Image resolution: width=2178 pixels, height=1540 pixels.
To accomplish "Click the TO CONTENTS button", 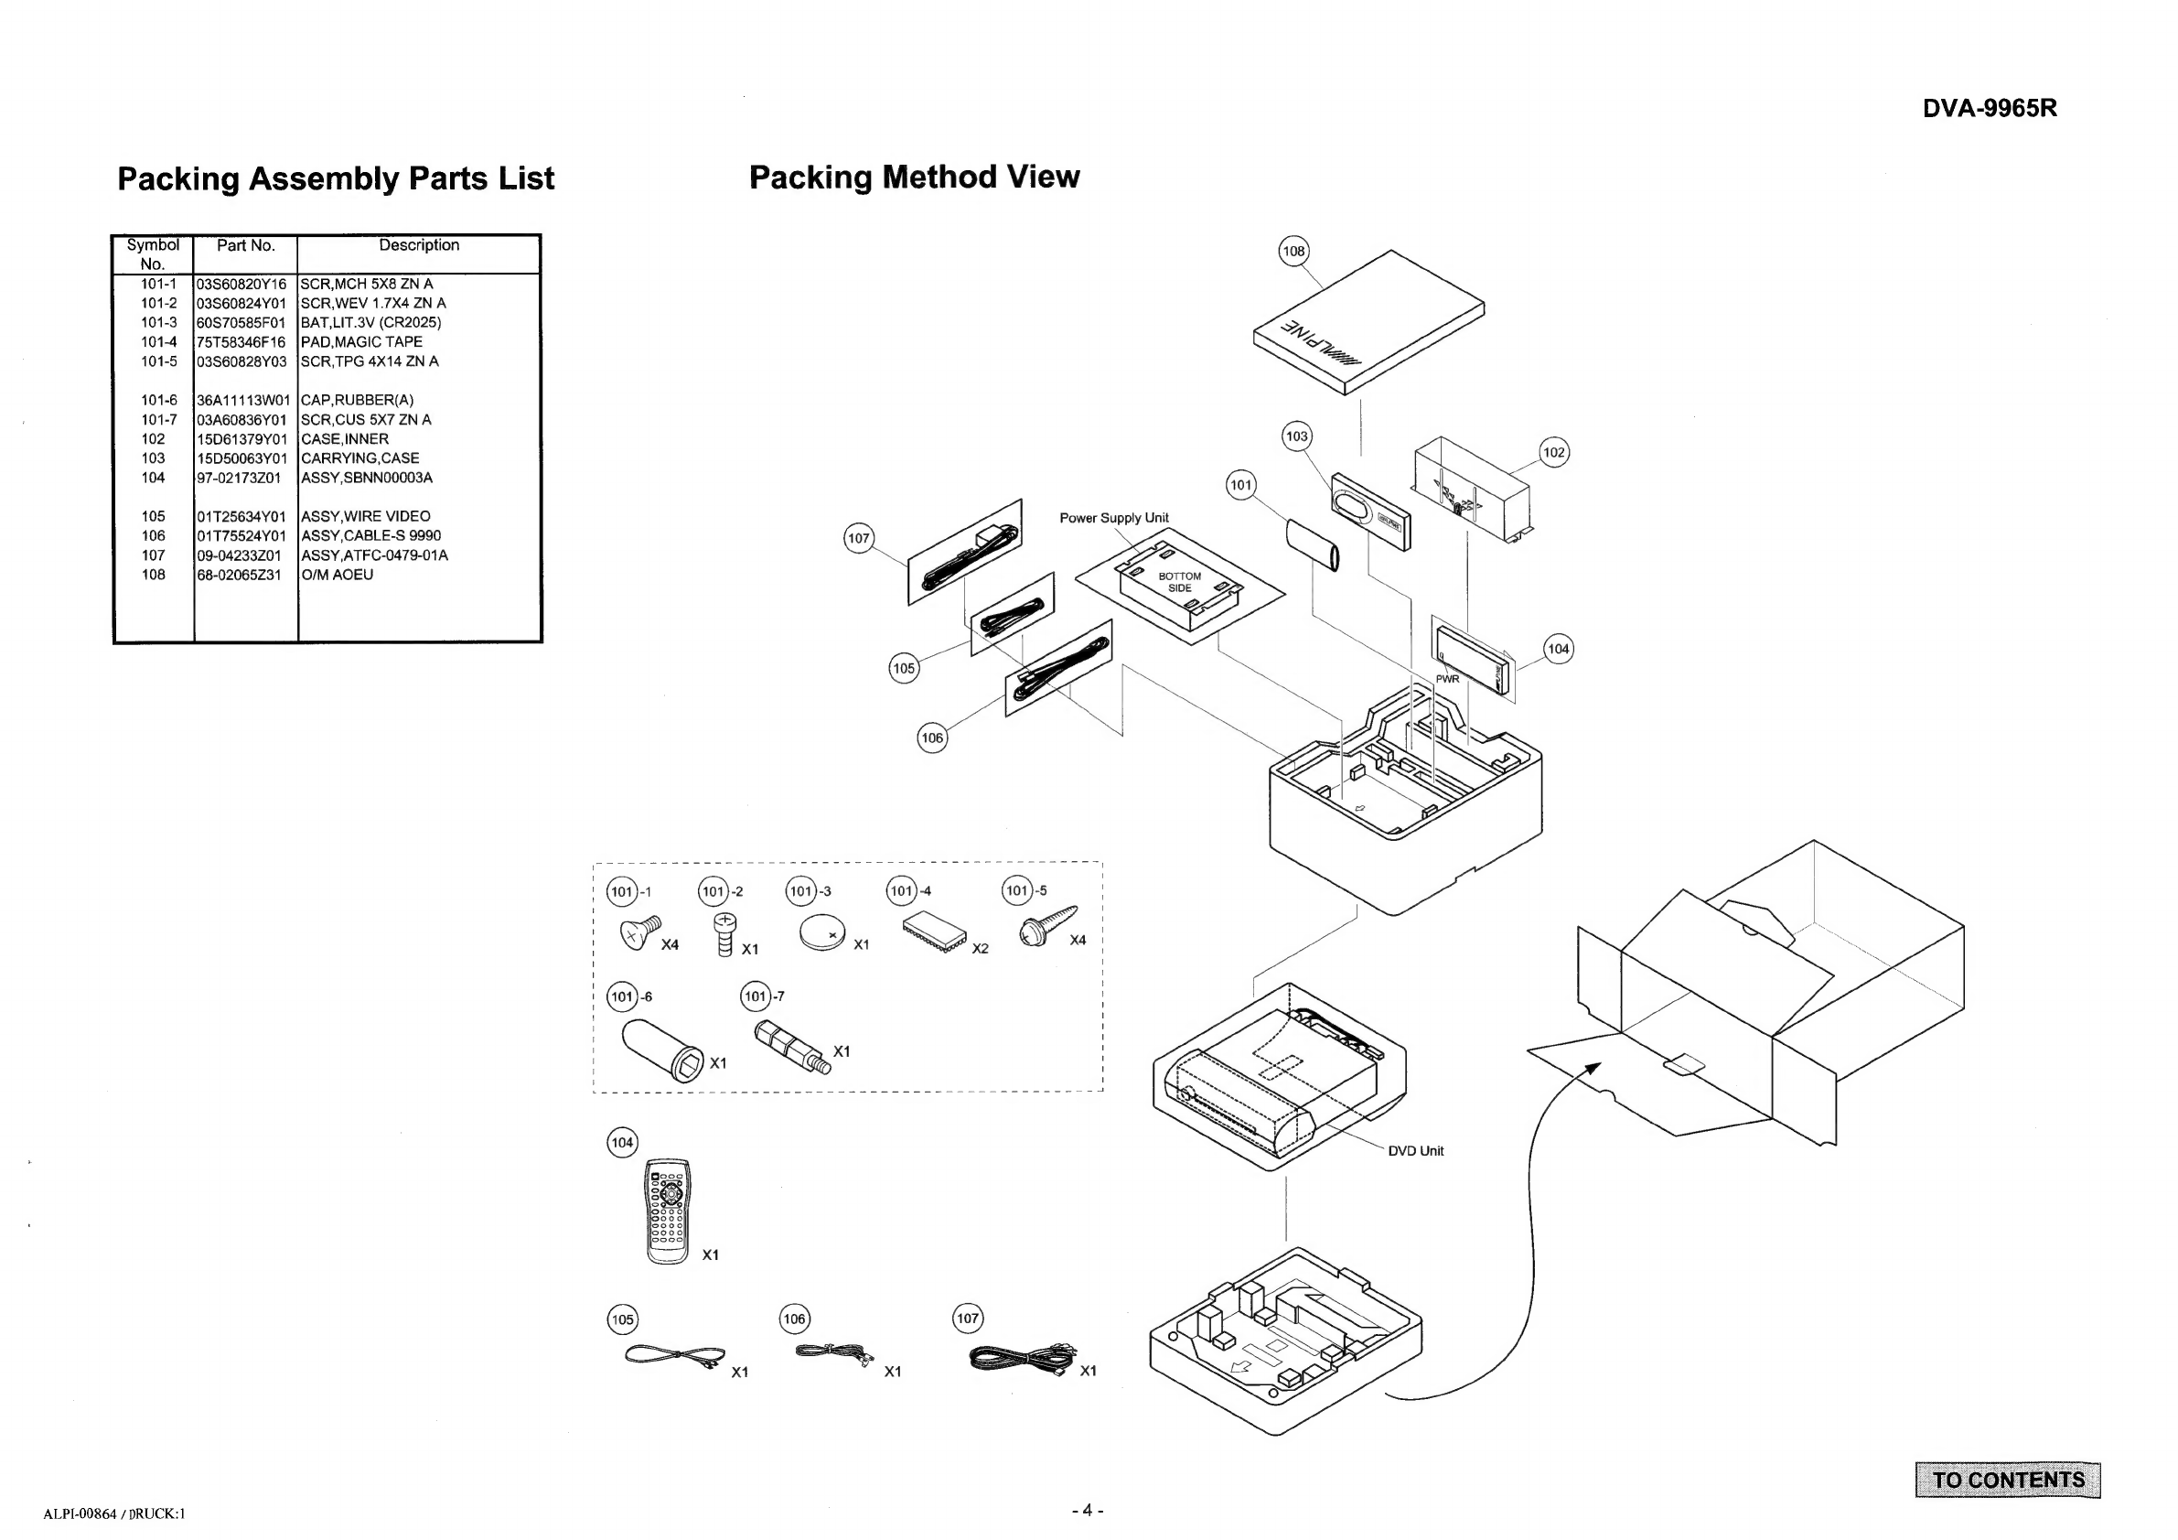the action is point(2007,1480).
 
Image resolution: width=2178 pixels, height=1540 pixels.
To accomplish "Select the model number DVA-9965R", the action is point(1990,108).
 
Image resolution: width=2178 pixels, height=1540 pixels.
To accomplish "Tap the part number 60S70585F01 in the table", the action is point(241,323).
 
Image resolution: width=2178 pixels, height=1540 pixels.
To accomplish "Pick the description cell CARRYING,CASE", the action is point(359,458).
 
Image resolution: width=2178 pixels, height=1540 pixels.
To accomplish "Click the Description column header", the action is point(418,245).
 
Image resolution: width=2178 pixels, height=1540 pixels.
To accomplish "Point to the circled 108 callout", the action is point(1293,251).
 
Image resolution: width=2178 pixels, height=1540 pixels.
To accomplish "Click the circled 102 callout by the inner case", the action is point(1554,452).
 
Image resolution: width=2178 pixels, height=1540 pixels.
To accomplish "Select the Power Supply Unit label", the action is point(1113,518).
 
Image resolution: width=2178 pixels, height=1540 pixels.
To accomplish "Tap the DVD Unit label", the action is point(1415,1151).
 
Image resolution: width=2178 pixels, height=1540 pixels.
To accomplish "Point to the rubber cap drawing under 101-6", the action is point(663,1050).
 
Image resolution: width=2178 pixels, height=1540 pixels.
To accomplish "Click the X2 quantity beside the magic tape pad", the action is point(980,949).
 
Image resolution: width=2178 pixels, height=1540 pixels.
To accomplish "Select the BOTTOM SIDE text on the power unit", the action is point(1179,582).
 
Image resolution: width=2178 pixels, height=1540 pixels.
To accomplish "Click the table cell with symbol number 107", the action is point(153,555).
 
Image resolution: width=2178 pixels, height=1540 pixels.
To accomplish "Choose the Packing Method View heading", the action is point(915,178).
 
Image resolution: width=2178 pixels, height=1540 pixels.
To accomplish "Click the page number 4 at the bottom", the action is point(1087,1510).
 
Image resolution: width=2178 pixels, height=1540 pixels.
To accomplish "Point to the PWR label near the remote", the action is point(1446,679).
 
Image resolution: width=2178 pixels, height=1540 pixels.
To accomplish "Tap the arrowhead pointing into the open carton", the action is point(1594,1069).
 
